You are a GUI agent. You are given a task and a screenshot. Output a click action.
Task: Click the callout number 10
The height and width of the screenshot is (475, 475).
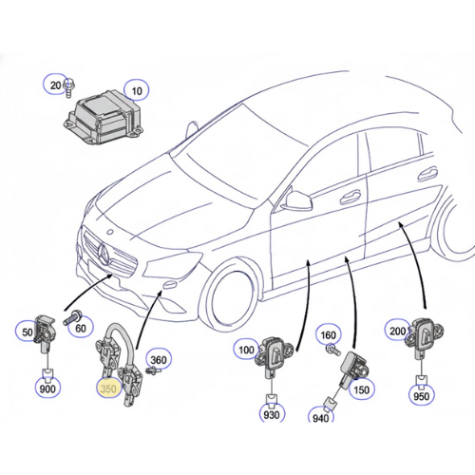click(x=137, y=91)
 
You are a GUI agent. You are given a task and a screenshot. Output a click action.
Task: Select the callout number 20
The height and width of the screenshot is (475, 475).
click(x=55, y=85)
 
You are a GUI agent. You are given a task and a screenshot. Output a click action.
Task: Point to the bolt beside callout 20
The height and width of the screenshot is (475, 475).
click(x=67, y=88)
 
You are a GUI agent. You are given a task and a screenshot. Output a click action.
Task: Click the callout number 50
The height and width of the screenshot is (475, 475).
click(x=28, y=332)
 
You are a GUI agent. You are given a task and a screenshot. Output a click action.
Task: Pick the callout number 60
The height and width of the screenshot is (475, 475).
click(x=81, y=328)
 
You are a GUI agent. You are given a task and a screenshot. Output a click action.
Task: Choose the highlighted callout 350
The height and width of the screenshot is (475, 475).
click(x=108, y=389)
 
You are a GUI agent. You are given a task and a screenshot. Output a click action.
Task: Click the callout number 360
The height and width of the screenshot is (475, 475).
click(x=159, y=360)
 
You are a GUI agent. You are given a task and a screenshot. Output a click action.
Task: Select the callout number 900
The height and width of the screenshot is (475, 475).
click(x=47, y=389)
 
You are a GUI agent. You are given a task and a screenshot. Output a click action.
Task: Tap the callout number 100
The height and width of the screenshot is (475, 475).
click(x=246, y=350)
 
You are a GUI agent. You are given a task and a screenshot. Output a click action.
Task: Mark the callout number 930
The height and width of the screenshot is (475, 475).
click(x=272, y=414)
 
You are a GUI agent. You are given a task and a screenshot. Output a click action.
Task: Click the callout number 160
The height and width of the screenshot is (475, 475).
click(x=328, y=334)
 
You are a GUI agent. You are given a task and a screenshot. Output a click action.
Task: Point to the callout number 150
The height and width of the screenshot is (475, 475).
click(x=361, y=389)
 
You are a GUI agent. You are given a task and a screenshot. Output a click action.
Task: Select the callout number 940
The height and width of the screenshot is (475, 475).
click(x=321, y=418)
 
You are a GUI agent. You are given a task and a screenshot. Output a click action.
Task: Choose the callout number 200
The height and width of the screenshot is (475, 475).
click(x=398, y=332)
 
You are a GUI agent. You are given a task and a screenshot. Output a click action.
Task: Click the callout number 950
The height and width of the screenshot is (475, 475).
click(x=422, y=396)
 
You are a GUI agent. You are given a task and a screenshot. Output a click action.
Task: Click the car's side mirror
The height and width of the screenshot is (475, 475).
click(x=298, y=199)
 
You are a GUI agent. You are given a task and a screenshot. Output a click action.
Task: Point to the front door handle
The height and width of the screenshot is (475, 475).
click(x=350, y=197)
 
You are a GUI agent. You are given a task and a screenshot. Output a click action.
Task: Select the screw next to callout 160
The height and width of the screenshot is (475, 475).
click(x=333, y=350)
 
